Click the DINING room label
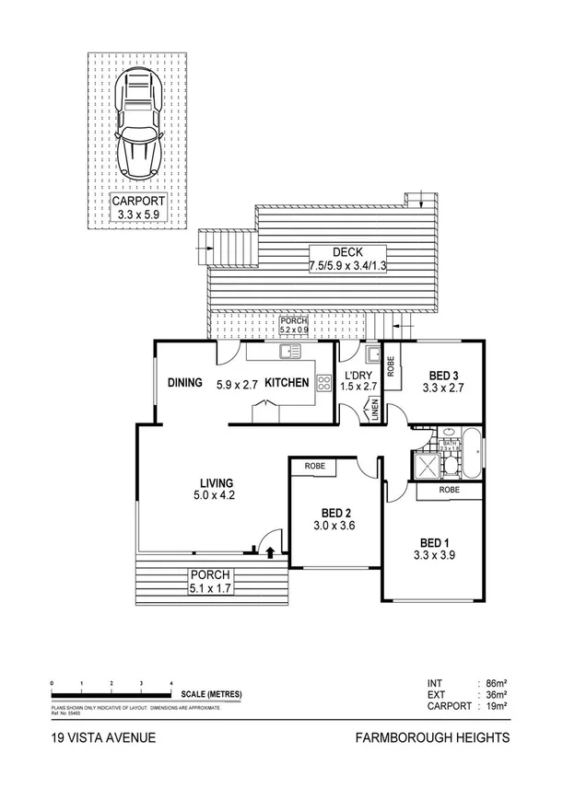[x=184, y=383]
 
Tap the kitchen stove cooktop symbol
[x=323, y=386]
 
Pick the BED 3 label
[x=445, y=376]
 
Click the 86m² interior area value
[x=497, y=683]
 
